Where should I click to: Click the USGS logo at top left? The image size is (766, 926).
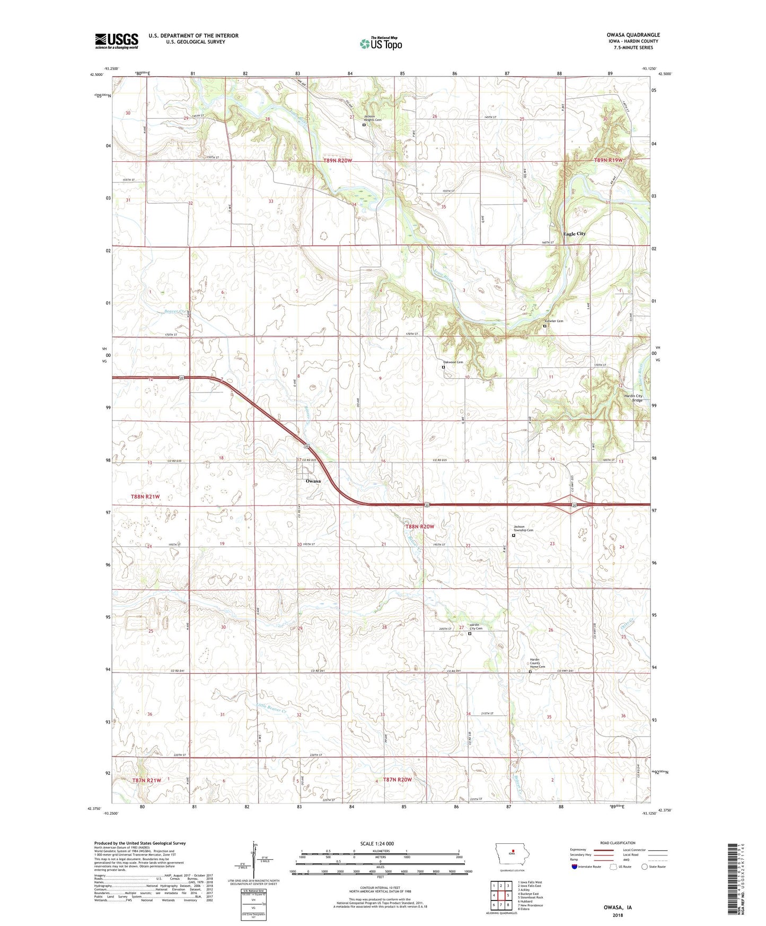click(x=117, y=41)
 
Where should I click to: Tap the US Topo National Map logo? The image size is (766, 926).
click(x=381, y=43)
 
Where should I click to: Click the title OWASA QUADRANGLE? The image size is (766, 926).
click(x=633, y=35)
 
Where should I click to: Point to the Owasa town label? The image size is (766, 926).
click(x=313, y=481)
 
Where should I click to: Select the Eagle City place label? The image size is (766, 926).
click(x=574, y=234)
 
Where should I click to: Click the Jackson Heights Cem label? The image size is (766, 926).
click(x=373, y=118)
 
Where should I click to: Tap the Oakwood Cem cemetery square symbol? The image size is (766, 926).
click(x=443, y=367)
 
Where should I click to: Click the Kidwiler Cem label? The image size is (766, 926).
click(x=554, y=321)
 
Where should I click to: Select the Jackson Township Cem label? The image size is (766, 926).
click(x=523, y=528)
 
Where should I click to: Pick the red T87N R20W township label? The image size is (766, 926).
click(x=397, y=780)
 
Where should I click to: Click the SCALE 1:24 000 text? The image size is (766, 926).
click(x=376, y=843)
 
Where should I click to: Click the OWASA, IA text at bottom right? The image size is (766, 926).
click(x=618, y=907)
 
